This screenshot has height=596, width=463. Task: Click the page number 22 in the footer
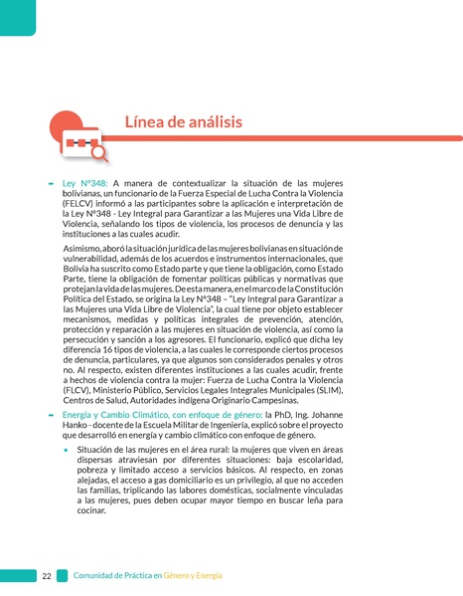47,576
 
